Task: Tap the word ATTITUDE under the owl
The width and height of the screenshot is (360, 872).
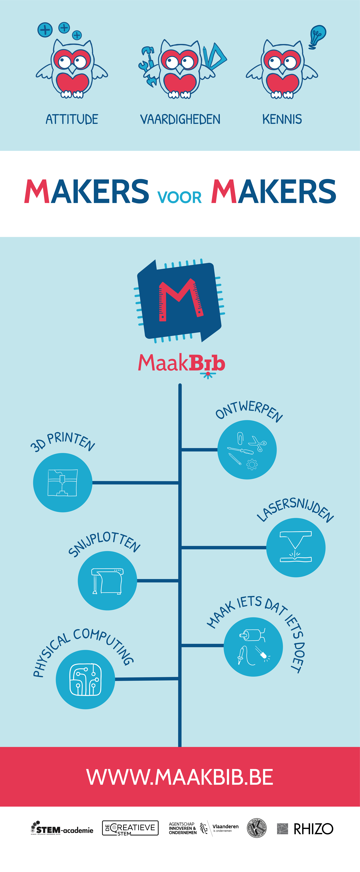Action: click(72, 120)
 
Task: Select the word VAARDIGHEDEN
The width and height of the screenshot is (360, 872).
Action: click(180, 120)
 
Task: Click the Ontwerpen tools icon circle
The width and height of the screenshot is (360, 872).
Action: click(247, 450)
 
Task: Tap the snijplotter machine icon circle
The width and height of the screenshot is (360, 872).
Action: click(107, 581)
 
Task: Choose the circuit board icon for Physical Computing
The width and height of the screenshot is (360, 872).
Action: click(85, 679)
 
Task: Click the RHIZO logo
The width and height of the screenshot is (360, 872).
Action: click(305, 829)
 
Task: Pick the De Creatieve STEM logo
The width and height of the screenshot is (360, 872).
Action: click(130, 828)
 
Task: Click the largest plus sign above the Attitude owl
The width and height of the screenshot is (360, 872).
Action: click(45, 30)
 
